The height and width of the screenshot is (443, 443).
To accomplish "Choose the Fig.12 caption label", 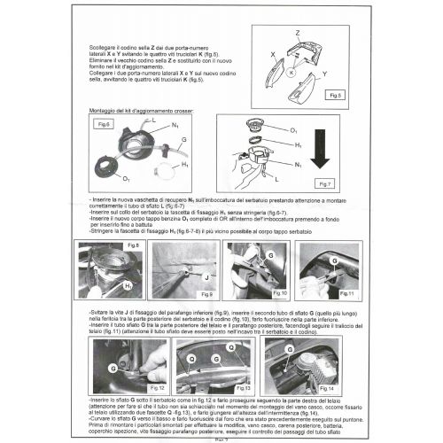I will coord(157,387).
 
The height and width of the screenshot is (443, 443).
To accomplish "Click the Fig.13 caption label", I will coord(241,387).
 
